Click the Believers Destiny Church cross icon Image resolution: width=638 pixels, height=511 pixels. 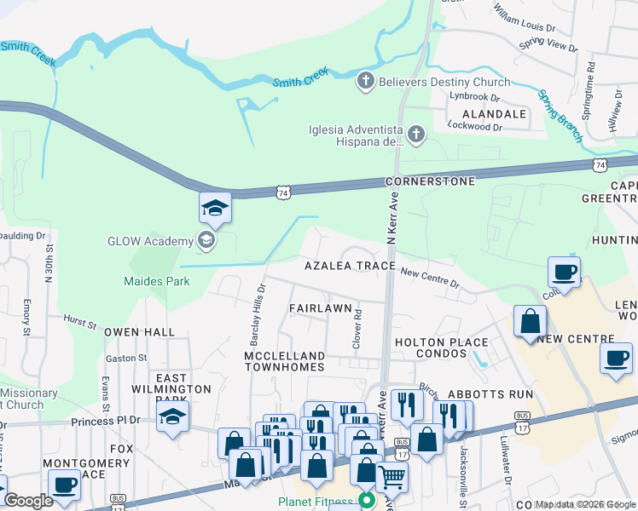point(365,82)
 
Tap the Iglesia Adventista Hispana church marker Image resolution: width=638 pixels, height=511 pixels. point(415,135)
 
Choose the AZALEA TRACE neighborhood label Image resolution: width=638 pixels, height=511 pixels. point(351,266)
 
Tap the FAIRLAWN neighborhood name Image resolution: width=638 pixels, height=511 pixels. point(320,307)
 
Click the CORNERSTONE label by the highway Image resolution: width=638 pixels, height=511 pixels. point(417,182)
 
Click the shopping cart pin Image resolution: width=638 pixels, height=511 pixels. point(391,475)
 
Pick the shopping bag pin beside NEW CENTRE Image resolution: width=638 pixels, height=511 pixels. point(530,322)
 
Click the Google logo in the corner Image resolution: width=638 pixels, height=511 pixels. point(29,500)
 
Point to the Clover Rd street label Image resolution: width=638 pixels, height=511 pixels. point(357,328)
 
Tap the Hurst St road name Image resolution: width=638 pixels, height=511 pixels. point(79,322)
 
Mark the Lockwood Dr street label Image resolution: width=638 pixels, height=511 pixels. point(475,126)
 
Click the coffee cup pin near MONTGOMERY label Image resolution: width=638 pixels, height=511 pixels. point(65,485)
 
